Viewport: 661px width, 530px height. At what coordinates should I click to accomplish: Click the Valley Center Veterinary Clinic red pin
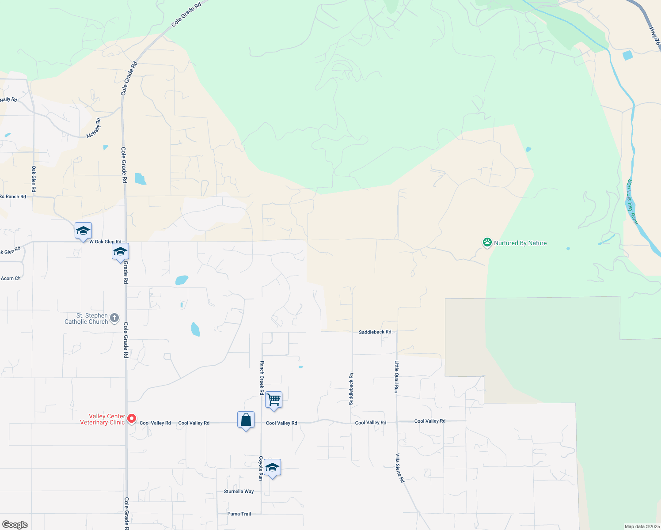(x=131, y=418)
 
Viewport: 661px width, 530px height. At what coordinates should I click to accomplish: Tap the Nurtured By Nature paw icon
(x=487, y=242)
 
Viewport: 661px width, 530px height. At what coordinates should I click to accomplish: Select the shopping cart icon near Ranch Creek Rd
(x=274, y=400)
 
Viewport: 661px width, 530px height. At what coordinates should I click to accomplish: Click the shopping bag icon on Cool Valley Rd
(x=246, y=420)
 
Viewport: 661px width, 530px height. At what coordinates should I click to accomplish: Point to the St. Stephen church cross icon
(x=114, y=318)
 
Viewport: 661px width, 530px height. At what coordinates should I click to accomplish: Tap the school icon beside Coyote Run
(x=272, y=468)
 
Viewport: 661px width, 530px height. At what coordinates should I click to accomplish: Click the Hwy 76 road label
(x=654, y=36)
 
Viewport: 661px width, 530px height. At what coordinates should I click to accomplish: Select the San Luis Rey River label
(x=632, y=202)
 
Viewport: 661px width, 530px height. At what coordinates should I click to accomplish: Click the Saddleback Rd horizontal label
(x=375, y=332)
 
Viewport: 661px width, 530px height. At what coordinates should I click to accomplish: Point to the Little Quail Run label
(x=397, y=377)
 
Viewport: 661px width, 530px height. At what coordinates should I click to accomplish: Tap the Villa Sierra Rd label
(x=399, y=468)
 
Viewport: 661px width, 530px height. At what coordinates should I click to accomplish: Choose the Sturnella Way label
(x=239, y=491)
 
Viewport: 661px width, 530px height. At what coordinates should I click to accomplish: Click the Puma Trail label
(x=239, y=514)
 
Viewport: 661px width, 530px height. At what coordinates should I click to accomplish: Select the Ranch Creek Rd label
(x=262, y=378)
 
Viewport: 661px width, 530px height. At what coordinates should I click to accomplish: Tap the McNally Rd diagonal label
(x=94, y=128)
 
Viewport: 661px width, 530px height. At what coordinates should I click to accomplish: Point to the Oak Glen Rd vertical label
(x=34, y=178)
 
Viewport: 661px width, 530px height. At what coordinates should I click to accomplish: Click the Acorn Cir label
(x=11, y=278)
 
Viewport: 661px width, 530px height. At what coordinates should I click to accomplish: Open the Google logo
(x=15, y=524)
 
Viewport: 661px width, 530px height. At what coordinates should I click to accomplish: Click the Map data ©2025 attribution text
(x=642, y=526)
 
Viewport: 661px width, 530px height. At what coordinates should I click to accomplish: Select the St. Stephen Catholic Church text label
(x=86, y=318)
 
